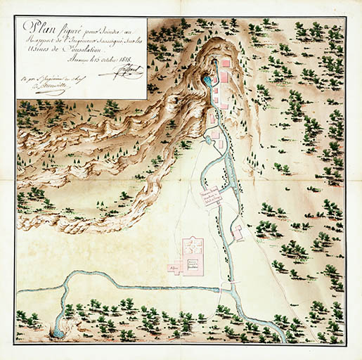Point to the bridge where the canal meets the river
(x=224, y=288)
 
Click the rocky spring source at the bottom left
(x=56, y=330)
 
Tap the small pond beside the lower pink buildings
(x=208, y=141)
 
